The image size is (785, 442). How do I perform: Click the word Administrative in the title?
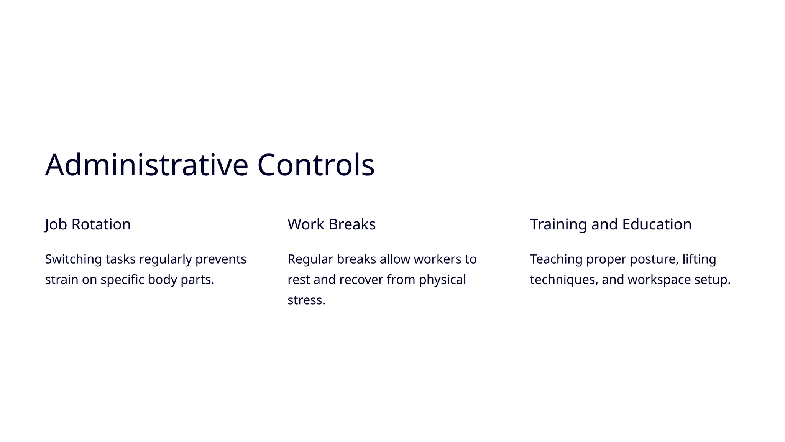pos(147,165)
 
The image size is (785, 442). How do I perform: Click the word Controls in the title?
pos(315,165)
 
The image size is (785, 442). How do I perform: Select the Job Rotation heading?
pos(88,224)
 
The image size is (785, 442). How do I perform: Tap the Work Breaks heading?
pos(332,224)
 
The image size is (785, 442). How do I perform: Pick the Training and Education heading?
pos(611,224)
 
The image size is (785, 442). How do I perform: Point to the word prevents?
pos(221,259)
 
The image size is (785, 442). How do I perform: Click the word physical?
pos(442,280)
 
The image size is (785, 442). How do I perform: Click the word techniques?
pos(563,280)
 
